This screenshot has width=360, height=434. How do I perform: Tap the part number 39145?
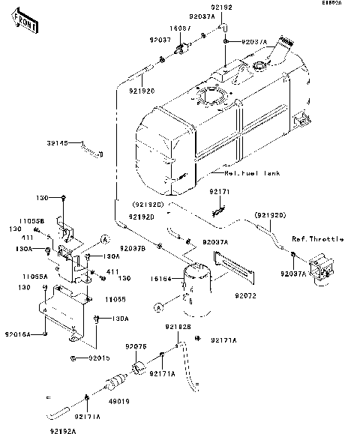[x=67, y=142]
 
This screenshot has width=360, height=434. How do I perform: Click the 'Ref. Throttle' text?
[x=317, y=239]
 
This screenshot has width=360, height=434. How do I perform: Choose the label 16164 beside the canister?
[x=161, y=277]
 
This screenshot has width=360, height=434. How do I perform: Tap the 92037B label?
[x=133, y=249]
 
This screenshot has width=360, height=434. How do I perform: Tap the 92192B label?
[x=179, y=327]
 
